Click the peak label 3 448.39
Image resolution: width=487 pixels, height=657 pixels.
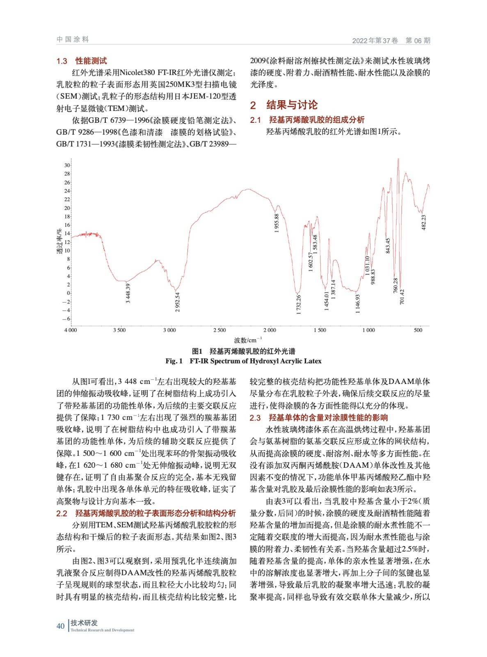(x=128, y=293)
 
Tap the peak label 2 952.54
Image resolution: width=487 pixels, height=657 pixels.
(x=177, y=302)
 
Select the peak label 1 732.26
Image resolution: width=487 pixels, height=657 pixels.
(x=299, y=305)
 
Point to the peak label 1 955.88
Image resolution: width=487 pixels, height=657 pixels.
(x=277, y=223)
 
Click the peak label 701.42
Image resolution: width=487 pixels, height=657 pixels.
(x=402, y=296)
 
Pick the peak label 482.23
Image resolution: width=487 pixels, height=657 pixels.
(x=424, y=222)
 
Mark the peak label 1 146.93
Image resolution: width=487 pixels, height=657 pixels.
(x=358, y=303)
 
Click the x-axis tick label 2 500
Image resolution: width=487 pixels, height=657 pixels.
(x=219, y=330)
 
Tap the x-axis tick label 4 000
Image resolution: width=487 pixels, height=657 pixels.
(x=71, y=330)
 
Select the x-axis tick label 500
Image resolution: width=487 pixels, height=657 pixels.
(x=418, y=330)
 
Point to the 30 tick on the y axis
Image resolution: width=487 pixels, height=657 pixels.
(x=67, y=165)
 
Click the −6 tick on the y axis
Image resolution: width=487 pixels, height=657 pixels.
(x=66, y=319)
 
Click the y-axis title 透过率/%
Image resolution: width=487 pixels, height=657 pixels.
(x=59, y=241)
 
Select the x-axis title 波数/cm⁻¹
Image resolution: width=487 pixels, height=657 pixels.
(x=248, y=340)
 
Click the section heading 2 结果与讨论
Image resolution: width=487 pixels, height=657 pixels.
(x=284, y=105)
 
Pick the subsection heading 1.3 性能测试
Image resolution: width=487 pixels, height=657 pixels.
(x=82, y=61)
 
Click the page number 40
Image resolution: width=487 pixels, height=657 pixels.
(x=60, y=626)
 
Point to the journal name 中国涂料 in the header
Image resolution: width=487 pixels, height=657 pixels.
(x=73, y=39)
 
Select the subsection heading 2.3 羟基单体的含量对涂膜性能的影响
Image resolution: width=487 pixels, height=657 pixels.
(x=319, y=418)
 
